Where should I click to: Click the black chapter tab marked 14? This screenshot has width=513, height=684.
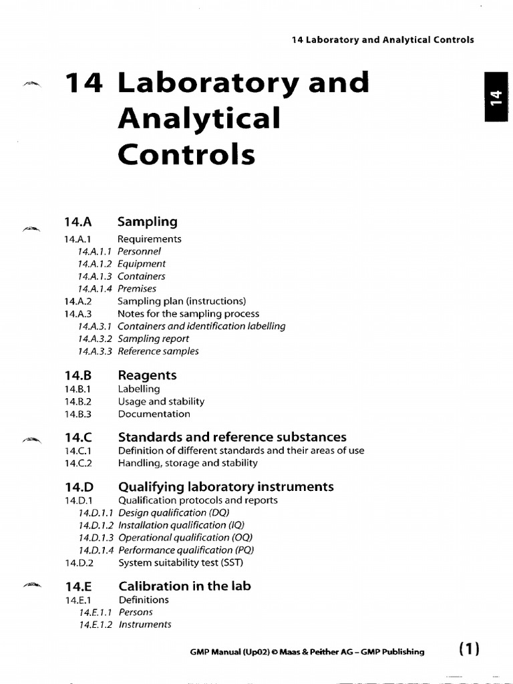click(x=494, y=99)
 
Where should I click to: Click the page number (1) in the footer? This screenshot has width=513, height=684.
click(x=470, y=649)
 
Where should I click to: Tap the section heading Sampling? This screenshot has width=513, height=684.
click(x=147, y=222)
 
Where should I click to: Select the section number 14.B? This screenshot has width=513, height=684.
click(x=78, y=375)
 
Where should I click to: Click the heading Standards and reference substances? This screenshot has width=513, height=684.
click(x=232, y=438)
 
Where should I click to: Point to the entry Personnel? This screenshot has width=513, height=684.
click(x=139, y=252)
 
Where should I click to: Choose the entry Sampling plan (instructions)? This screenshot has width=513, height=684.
click(x=182, y=301)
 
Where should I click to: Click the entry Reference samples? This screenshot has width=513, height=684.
click(x=158, y=351)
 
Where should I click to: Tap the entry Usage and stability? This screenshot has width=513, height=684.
click(x=161, y=401)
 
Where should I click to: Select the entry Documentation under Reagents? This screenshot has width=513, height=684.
click(x=154, y=414)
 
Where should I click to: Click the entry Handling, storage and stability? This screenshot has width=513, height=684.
click(x=188, y=463)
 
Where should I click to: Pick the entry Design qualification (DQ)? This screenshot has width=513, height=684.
click(x=174, y=513)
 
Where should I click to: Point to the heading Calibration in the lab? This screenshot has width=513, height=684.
click(x=184, y=586)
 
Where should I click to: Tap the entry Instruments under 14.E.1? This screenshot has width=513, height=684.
click(x=144, y=625)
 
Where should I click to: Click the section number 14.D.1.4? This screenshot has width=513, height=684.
click(x=96, y=550)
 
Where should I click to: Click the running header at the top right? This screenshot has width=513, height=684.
click(x=383, y=39)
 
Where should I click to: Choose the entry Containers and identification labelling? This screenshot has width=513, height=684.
click(x=201, y=326)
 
